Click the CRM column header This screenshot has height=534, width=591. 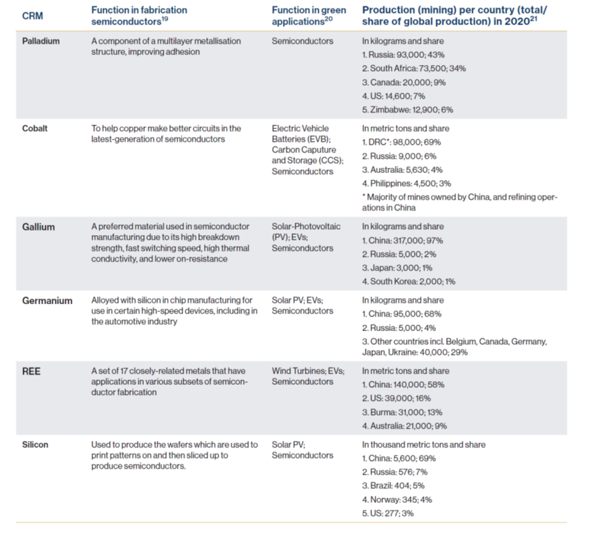pyautogui.click(x=32, y=16)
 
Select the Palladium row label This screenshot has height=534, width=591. pyautogui.click(x=41, y=41)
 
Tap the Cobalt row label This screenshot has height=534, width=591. pyautogui.click(x=35, y=128)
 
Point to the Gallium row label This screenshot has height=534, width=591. pyautogui.click(x=38, y=227)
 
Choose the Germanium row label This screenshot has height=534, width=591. pyautogui.click(x=47, y=301)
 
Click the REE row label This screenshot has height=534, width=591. pyautogui.click(x=31, y=371)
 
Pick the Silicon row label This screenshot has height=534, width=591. pyautogui.click(x=35, y=445)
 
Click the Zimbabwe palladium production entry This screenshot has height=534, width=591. pyautogui.click(x=408, y=110)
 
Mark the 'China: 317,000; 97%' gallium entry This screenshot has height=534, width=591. pyautogui.click(x=402, y=240)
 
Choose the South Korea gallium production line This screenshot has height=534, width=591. pyautogui.click(x=409, y=282)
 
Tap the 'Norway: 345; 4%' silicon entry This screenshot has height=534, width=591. pyautogui.click(x=396, y=499)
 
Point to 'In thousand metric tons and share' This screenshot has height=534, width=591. pyautogui.click(x=424, y=445)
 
